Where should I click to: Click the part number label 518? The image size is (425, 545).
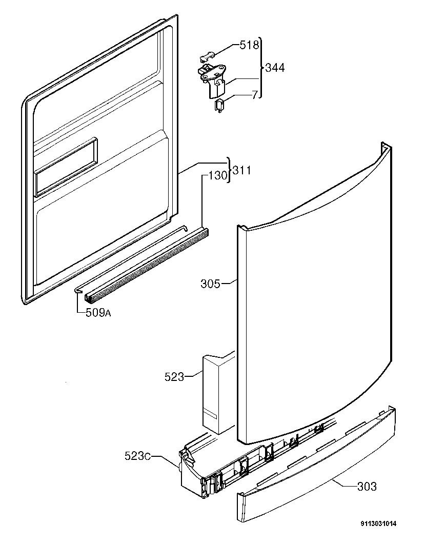coord(249,45)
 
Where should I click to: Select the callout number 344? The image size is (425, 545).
coord(275,68)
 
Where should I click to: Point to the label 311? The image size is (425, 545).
coord(241,170)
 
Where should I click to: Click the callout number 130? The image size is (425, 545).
coord(217,176)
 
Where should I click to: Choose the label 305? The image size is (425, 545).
coord(210,283)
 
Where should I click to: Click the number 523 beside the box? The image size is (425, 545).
coord(174,377)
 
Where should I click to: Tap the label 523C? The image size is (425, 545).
coord(138,456)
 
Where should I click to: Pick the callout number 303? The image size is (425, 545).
coord(366,486)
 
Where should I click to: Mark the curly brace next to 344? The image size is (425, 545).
coord(260,68)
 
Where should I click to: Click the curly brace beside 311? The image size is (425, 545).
coord(229,170)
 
